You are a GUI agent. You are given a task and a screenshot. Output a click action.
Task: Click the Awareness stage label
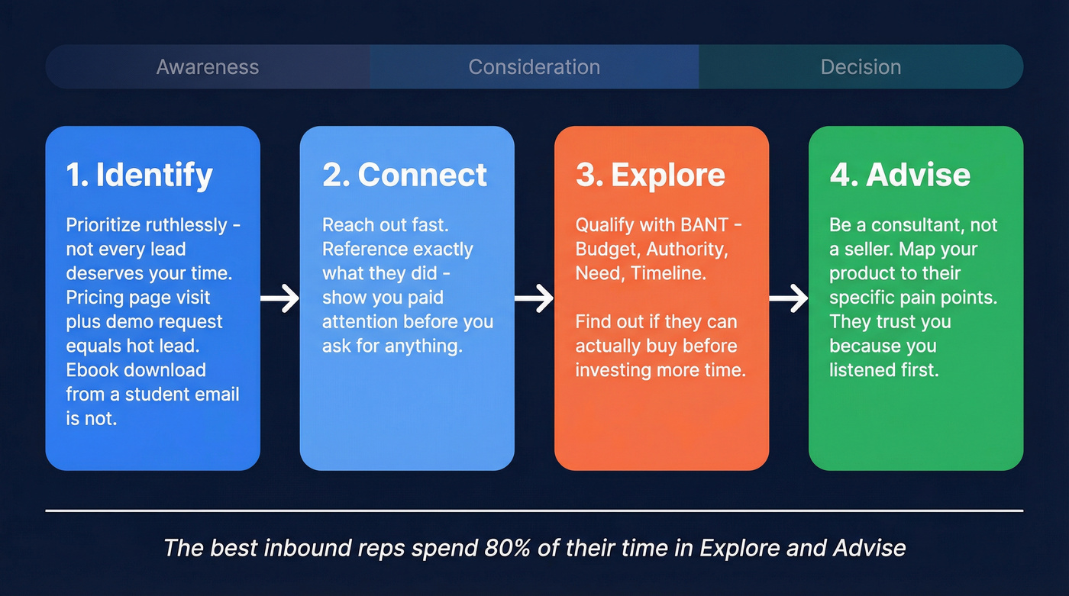point(208,67)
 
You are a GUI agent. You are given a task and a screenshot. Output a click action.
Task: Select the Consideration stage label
point(534,67)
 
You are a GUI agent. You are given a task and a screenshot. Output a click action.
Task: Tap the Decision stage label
point(861,67)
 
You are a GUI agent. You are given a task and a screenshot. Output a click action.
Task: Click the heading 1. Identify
point(139,175)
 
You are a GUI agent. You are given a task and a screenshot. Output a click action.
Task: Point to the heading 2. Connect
point(404,175)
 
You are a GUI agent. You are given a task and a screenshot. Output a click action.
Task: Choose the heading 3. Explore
point(651,175)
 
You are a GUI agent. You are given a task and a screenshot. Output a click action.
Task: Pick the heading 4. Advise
point(899,175)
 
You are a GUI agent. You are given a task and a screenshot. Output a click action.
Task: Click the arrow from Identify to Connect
point(279,298)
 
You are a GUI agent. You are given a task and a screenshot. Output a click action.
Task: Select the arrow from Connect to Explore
point(534,298)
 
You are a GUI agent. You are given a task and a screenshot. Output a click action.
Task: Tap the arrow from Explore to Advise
point(788,298)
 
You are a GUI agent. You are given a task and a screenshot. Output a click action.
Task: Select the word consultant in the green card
point(914,225)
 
